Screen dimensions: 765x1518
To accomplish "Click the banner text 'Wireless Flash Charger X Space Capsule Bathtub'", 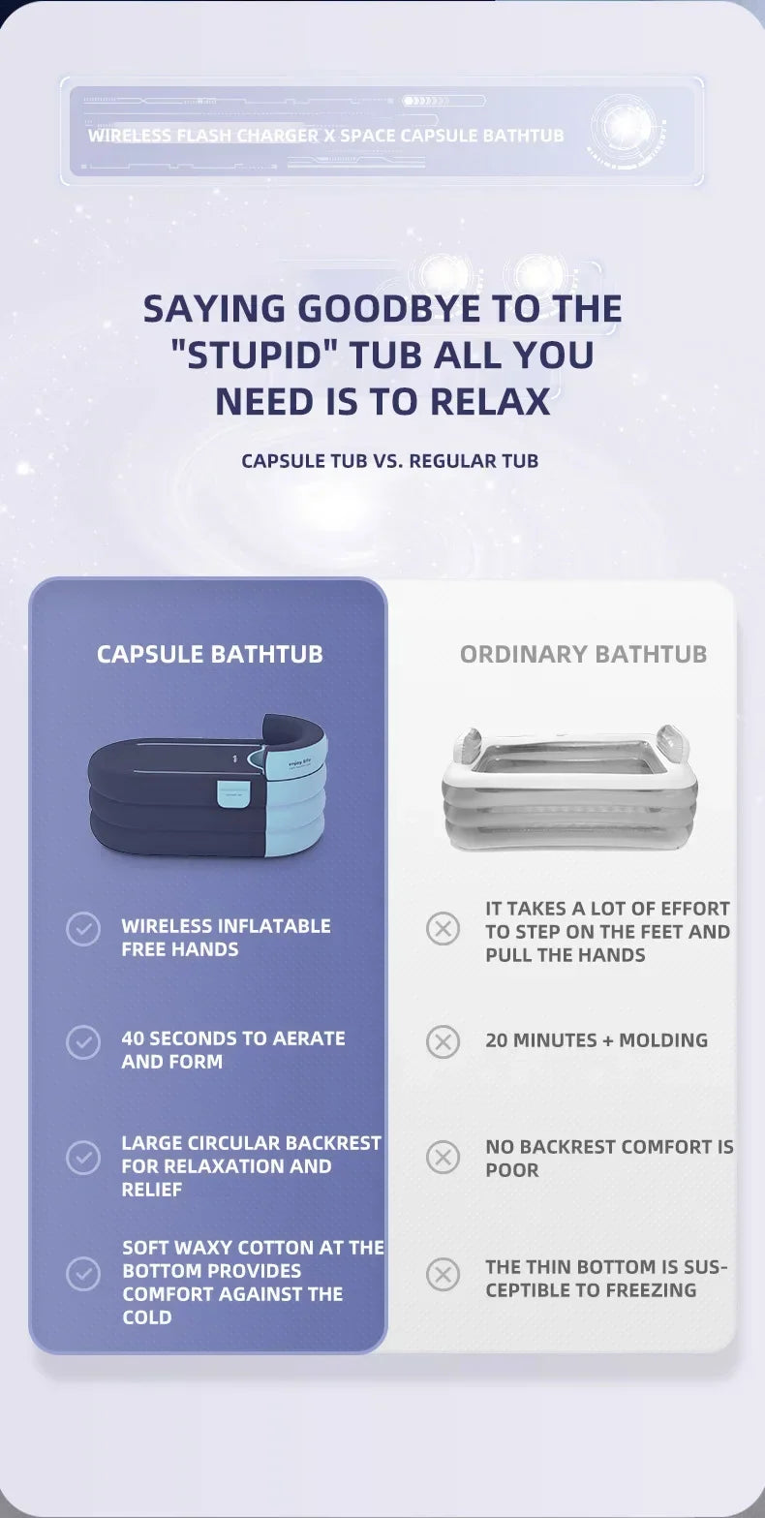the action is pyautogui.click(x=326, y=136).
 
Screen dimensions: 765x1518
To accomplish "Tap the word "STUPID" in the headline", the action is pyautogui.click(x=254, y=356).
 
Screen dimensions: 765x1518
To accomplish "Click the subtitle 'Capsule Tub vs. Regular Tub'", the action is pyautogui.click(x=389, y=461).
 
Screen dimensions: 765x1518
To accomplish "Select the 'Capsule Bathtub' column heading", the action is pyautogui.click(x=209, y=654).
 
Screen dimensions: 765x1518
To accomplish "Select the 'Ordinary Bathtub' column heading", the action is pyautogui.click(x=583, y=654).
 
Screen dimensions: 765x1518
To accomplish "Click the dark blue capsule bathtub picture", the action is pyautogui.click(x=208, y=785).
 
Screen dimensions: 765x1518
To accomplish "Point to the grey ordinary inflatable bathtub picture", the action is pyautogui.click(x=569, y=787).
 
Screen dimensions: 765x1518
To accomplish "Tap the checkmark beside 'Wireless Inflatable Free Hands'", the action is pyautogui.click(x=83, y=928).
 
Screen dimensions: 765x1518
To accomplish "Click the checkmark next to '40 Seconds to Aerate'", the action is pyautogui.click(x=83, y=1041).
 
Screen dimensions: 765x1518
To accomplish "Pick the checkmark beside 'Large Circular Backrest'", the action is pyautogui.click(x=83, y=1157).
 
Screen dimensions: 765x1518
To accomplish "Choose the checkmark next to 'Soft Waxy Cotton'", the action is pyautogui.click(x=83, y=1273).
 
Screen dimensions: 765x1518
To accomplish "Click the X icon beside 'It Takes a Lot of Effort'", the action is pyautogui.click(x=444, y=928).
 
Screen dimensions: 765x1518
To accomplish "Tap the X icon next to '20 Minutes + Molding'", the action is pyautogui.click(x=444, y=1041).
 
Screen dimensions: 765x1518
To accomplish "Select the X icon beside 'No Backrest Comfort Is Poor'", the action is pyautogui.click(x=444, y=1157).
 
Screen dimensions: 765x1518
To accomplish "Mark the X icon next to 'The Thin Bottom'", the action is pyautogui.click(x=444, y=1274).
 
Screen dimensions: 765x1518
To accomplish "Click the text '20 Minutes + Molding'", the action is pyautogui.click(x=597, y=1040).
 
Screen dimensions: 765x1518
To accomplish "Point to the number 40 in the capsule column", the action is pyautogui.click(x=133, y=1038).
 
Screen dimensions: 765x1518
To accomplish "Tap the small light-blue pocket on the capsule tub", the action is pyautogui.click(x=233, y=793).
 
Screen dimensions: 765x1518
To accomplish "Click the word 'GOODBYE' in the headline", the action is pyautogui.click(x=388, y=308).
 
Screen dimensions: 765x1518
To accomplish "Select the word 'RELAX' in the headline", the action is pyautogui.click(x=490, y=401).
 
